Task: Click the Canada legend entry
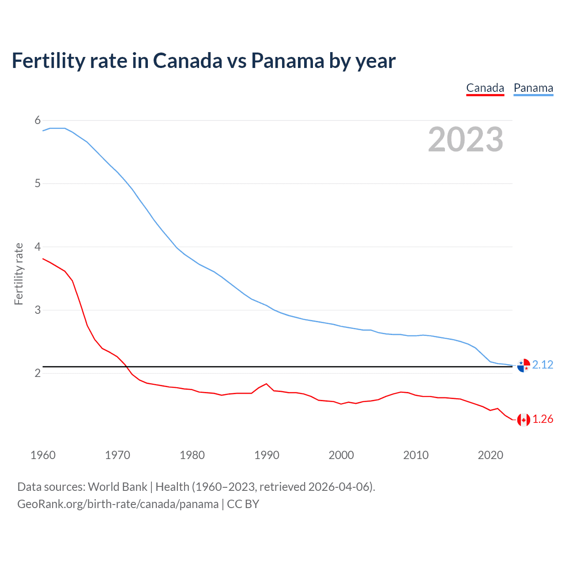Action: pos(485,88)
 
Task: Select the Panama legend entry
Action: pos(533,88)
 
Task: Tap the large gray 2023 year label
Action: pos(466,139)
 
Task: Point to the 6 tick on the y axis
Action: pos(38,120)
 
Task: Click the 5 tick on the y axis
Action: pos(38,183)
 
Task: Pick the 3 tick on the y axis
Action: pos(38,310)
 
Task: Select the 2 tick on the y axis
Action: pos(38,373)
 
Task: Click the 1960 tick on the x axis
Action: pos(43,455)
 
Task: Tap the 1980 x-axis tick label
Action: pos(192,455)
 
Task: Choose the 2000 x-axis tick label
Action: pos(341,455)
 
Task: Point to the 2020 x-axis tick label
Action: pos(490,455)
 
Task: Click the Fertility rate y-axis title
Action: pos(19,274)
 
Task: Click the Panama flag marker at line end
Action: pos(524,365)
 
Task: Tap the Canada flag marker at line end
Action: pos(524,420)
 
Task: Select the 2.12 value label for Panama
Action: pos(542,365)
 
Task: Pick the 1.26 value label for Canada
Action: pos(542,419)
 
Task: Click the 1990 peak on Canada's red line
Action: pos(266,384)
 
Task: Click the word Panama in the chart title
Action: pos(287,60)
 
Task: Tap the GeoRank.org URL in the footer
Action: pos(118,504)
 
